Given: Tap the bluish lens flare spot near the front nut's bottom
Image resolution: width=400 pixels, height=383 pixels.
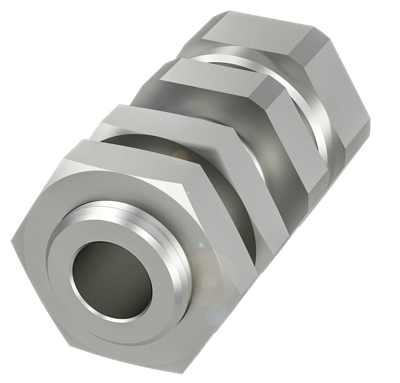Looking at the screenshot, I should [x=214, y=313].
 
